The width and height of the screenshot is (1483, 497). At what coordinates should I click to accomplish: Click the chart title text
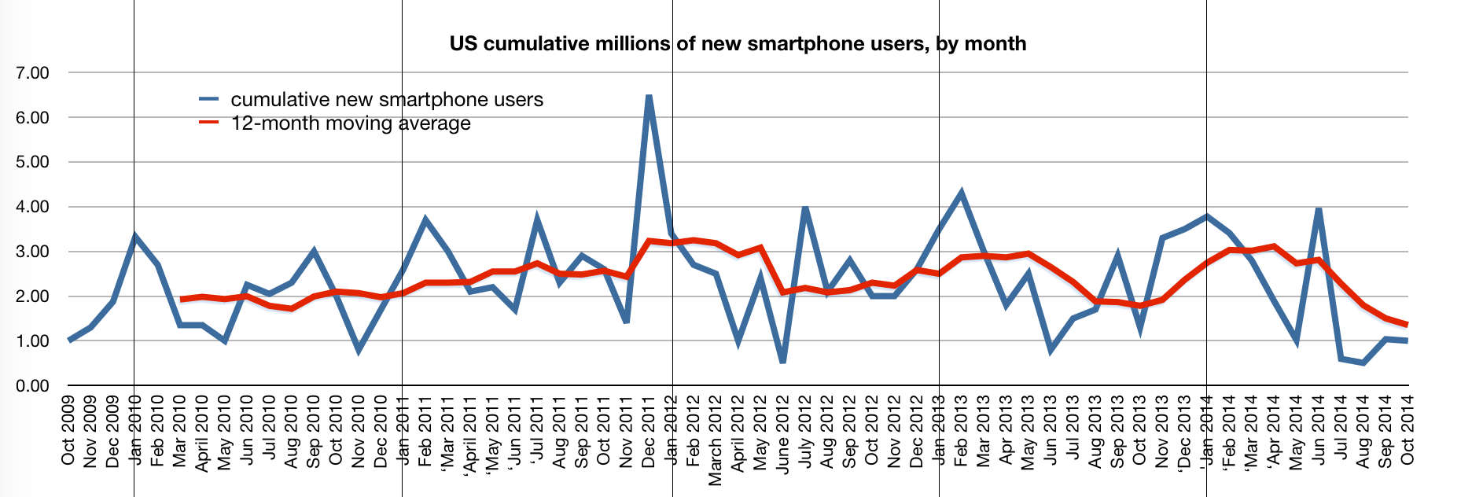pyautogui.click(x=738, y=43)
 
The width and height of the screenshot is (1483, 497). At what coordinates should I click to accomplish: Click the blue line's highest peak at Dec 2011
pyautogui.click(x=649, y=97)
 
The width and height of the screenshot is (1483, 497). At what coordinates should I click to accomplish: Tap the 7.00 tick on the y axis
pyautogui.click(x=32, y=72)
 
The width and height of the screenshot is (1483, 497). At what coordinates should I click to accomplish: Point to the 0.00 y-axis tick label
pyautogui.click(x=32, y=386)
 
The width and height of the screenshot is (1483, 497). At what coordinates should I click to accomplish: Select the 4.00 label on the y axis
pyautogui.click(x=32, y=207)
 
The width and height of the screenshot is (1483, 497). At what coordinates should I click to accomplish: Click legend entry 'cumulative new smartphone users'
pyautogui.click(x=386, y=100)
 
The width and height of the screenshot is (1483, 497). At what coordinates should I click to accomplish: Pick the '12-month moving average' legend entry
pyautogui.click(x=351, y=123)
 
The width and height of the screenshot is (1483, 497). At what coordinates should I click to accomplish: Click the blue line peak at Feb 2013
pyautogui.click(x=961, y=193)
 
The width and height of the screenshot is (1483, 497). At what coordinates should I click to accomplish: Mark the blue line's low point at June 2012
pyautogui.click(x=783, y=362)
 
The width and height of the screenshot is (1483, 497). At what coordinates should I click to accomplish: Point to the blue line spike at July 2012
pyautogui.click(x=805, y=208)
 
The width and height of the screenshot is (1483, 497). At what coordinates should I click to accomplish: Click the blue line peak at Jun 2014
pyautogui.click(x=1319, y=209)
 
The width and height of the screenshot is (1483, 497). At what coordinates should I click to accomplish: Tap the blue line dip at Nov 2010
pyautogui.click(x=359, y=350)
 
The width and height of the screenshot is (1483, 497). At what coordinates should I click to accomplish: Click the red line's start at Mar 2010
pyautogui.click(x=181, y=300)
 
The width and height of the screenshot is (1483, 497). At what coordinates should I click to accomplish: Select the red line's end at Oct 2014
pyautogui.click(x=1407, y=324)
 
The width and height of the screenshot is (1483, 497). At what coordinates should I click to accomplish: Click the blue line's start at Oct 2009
pyautogui.click(x=69, y=341)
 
